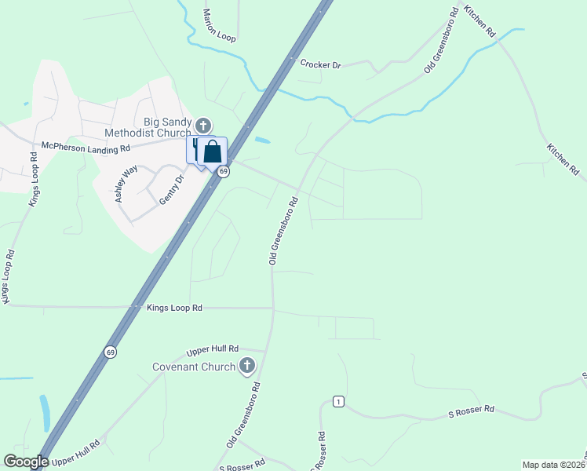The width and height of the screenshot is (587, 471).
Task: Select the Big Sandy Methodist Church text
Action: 168,127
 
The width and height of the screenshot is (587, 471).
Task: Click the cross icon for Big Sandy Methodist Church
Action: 203,125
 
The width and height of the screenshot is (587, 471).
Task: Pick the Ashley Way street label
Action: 126,184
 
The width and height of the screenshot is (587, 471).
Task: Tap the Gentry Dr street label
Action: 171,190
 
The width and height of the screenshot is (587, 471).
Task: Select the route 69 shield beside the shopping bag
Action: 224,171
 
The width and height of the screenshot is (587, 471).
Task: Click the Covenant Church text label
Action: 195,367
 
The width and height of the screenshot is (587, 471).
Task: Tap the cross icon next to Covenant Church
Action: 247,366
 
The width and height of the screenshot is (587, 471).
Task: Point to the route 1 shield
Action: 338,401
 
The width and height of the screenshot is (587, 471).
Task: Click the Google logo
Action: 26,462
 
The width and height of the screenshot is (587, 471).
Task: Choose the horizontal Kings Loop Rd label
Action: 174,309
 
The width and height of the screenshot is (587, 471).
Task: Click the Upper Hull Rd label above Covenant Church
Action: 213,351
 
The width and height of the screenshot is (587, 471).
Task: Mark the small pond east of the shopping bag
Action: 262,141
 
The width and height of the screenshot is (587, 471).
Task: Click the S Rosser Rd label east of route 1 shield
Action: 471,409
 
